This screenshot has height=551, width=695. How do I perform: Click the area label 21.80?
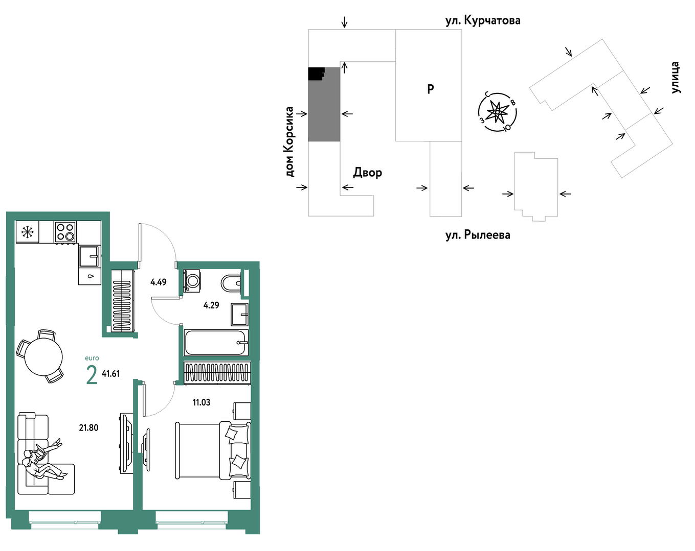coord(88,428)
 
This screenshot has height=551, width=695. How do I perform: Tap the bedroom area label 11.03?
coord(201,402)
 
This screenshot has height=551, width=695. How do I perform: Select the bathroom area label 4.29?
coord(211,305)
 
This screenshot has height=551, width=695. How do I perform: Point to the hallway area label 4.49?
coord(158,282)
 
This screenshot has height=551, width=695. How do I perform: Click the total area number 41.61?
coord(111,374)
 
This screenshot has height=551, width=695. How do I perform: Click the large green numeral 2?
coord(92,375)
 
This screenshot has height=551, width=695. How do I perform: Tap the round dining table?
coord(43,357)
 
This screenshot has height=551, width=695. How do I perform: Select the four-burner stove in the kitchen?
coord(65,232)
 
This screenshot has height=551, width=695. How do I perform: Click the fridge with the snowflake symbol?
coord(27,232)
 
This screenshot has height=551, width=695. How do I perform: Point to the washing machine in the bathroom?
coord(192,281)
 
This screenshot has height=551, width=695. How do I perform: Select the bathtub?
coord(216,343)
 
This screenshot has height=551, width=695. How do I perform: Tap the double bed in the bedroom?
coord(213,451)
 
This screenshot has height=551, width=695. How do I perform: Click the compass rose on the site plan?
coord(498,112)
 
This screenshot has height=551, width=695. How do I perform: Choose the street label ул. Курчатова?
coord(483,20)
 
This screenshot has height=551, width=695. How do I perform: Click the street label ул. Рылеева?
coord(478,235)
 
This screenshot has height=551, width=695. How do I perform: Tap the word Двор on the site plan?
coord(368,173)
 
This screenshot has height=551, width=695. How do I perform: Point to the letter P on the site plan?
coord(431,89)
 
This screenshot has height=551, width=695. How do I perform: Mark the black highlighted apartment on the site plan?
coord(316,74)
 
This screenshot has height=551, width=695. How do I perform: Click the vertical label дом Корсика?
coord(289,142)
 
